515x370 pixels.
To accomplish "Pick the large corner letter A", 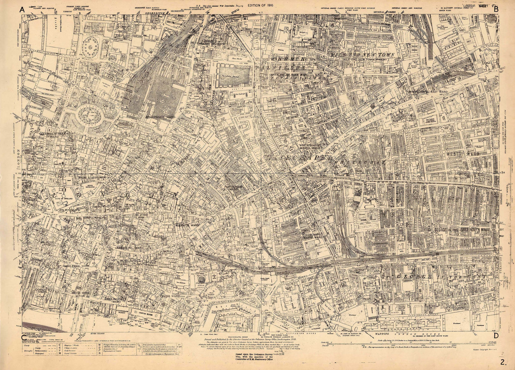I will point(22,9).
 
